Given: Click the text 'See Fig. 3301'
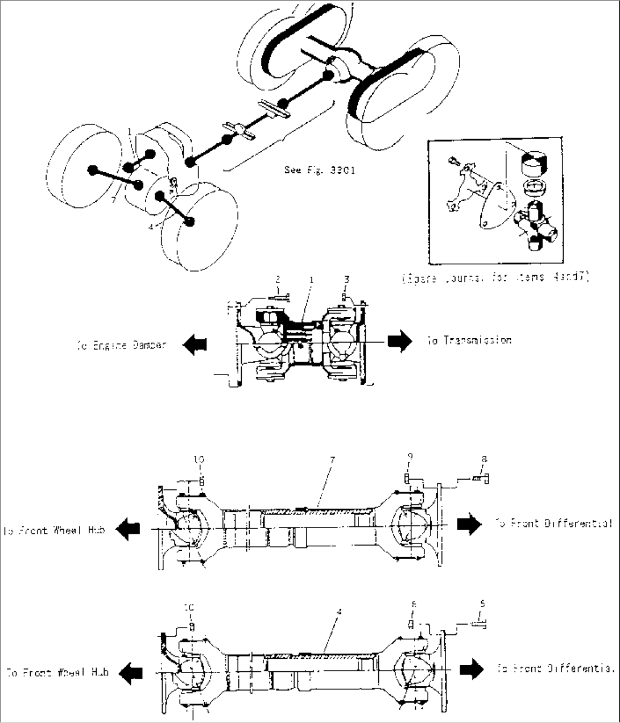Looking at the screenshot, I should [319, 169].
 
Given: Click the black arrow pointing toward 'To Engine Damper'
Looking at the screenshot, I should [195, 343].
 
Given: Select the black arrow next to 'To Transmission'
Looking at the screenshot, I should [399, 340].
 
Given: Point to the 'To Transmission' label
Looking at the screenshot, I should [469, 340].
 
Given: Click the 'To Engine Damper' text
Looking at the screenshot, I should [121, 344].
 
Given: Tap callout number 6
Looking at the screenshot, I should [414, 605].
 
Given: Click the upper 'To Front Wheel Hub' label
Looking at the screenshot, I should [55, 530].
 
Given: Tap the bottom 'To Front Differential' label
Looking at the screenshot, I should [556, 669].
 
